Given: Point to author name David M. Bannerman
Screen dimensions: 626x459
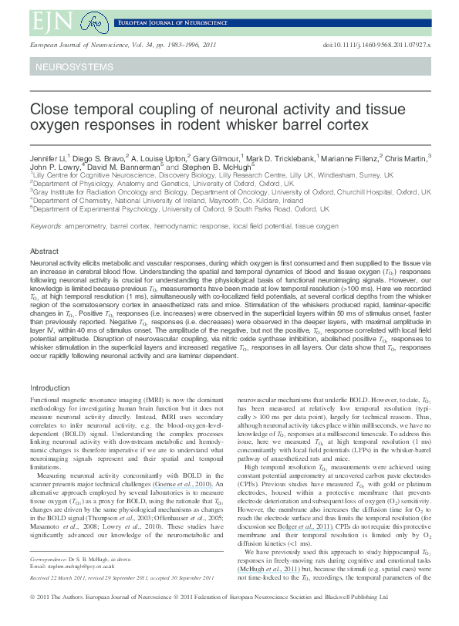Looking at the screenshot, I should point(125,166).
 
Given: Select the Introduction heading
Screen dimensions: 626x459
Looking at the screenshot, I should point(49,387).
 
